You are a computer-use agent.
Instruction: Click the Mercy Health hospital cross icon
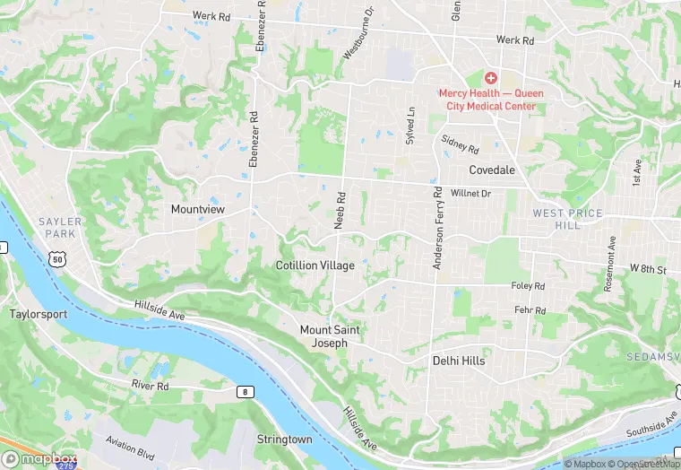click(x=491, y=79)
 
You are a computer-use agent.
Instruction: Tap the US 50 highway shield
click(x=57, y=259)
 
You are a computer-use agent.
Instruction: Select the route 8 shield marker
click(x=244, y=391)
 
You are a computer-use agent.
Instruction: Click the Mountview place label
click(x=197, y=209)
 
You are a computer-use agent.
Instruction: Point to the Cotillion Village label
click(x=315, y=265)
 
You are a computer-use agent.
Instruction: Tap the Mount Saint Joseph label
click(x=329, y=336)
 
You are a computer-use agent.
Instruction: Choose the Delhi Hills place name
click(x=458, y=361)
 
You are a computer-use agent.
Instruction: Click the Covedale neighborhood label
click(x=492, y=170)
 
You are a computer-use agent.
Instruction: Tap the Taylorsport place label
click(x=39, y=314)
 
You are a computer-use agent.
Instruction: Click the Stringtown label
click(x=284, y=440)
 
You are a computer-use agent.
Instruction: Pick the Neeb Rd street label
click(x=340, y=210)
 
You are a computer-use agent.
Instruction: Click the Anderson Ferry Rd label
click(x=438, y=228)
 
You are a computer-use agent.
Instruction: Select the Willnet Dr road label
click(x=471, y=193)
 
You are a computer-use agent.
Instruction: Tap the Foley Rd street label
click(x=528, y=287)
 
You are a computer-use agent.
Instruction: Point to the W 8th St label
click(x=648, y=269)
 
